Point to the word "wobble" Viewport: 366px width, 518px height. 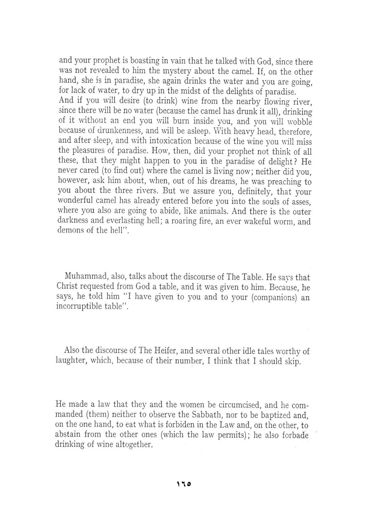(x=300, y=122)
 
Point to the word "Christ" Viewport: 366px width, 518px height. (x=67, y=287)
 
